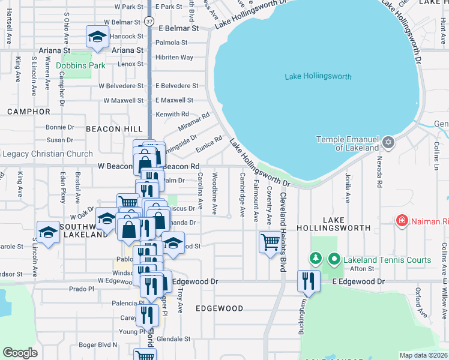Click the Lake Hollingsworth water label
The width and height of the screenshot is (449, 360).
[318, 76]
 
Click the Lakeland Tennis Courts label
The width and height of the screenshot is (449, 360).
[387, 260]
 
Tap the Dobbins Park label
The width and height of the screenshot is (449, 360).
[80, 65]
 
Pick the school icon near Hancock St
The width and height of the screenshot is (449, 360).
[97, 37]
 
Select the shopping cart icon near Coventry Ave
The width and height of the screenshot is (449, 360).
[270, 242]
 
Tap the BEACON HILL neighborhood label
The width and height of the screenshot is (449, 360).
[114, 129]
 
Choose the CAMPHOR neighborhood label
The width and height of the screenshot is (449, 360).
[29, 112]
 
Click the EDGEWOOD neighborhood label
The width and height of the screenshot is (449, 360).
[219, 308]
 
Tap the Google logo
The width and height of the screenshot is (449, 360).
[20, 353]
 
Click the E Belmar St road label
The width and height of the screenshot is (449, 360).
[178, 28]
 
